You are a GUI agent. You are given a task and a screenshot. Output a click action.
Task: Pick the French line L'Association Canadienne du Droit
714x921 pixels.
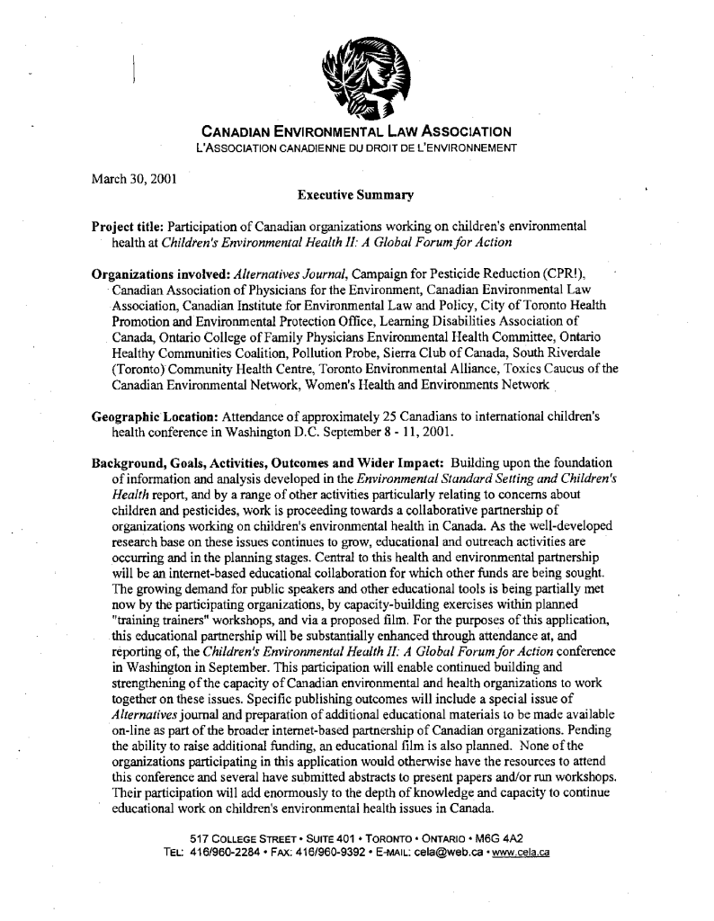click(x=356, y=147)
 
